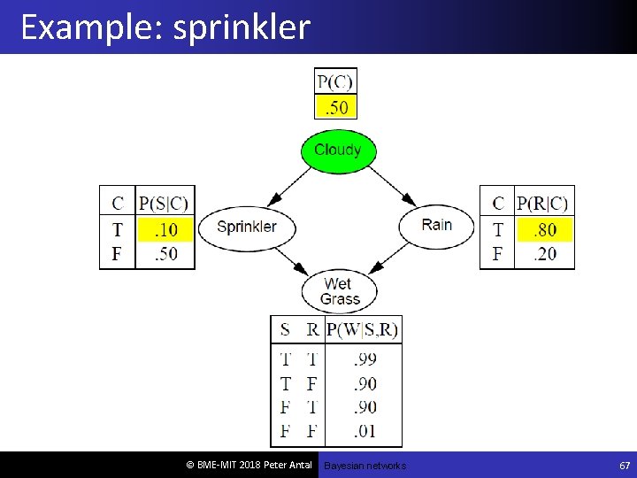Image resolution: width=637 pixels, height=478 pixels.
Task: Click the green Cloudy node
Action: coord(338,150)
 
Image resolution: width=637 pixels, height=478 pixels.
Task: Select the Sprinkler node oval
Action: coord(247,227)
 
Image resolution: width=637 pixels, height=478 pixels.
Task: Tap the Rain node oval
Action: coord(436,225)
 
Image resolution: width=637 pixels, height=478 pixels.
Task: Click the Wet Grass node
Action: coord(339,291)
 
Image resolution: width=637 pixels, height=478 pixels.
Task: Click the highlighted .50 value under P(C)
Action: coord(335,108)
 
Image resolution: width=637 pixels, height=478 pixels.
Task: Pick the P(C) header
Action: coord(335,82)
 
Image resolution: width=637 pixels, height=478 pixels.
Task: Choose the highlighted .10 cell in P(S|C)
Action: coord(165,230)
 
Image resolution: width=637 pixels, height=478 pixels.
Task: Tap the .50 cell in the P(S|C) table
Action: coord(165,254)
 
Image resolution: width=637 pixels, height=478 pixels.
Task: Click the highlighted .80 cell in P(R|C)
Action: coord(544,230)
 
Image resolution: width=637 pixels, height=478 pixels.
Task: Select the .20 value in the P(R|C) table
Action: coord(544,254)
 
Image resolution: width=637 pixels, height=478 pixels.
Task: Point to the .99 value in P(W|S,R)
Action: coord(364,359)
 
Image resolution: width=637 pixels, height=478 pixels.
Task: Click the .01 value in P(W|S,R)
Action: coord(364,431)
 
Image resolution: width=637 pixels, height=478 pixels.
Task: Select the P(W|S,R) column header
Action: coord(363,330)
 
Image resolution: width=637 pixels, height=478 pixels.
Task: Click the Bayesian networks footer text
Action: coord(365,466)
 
